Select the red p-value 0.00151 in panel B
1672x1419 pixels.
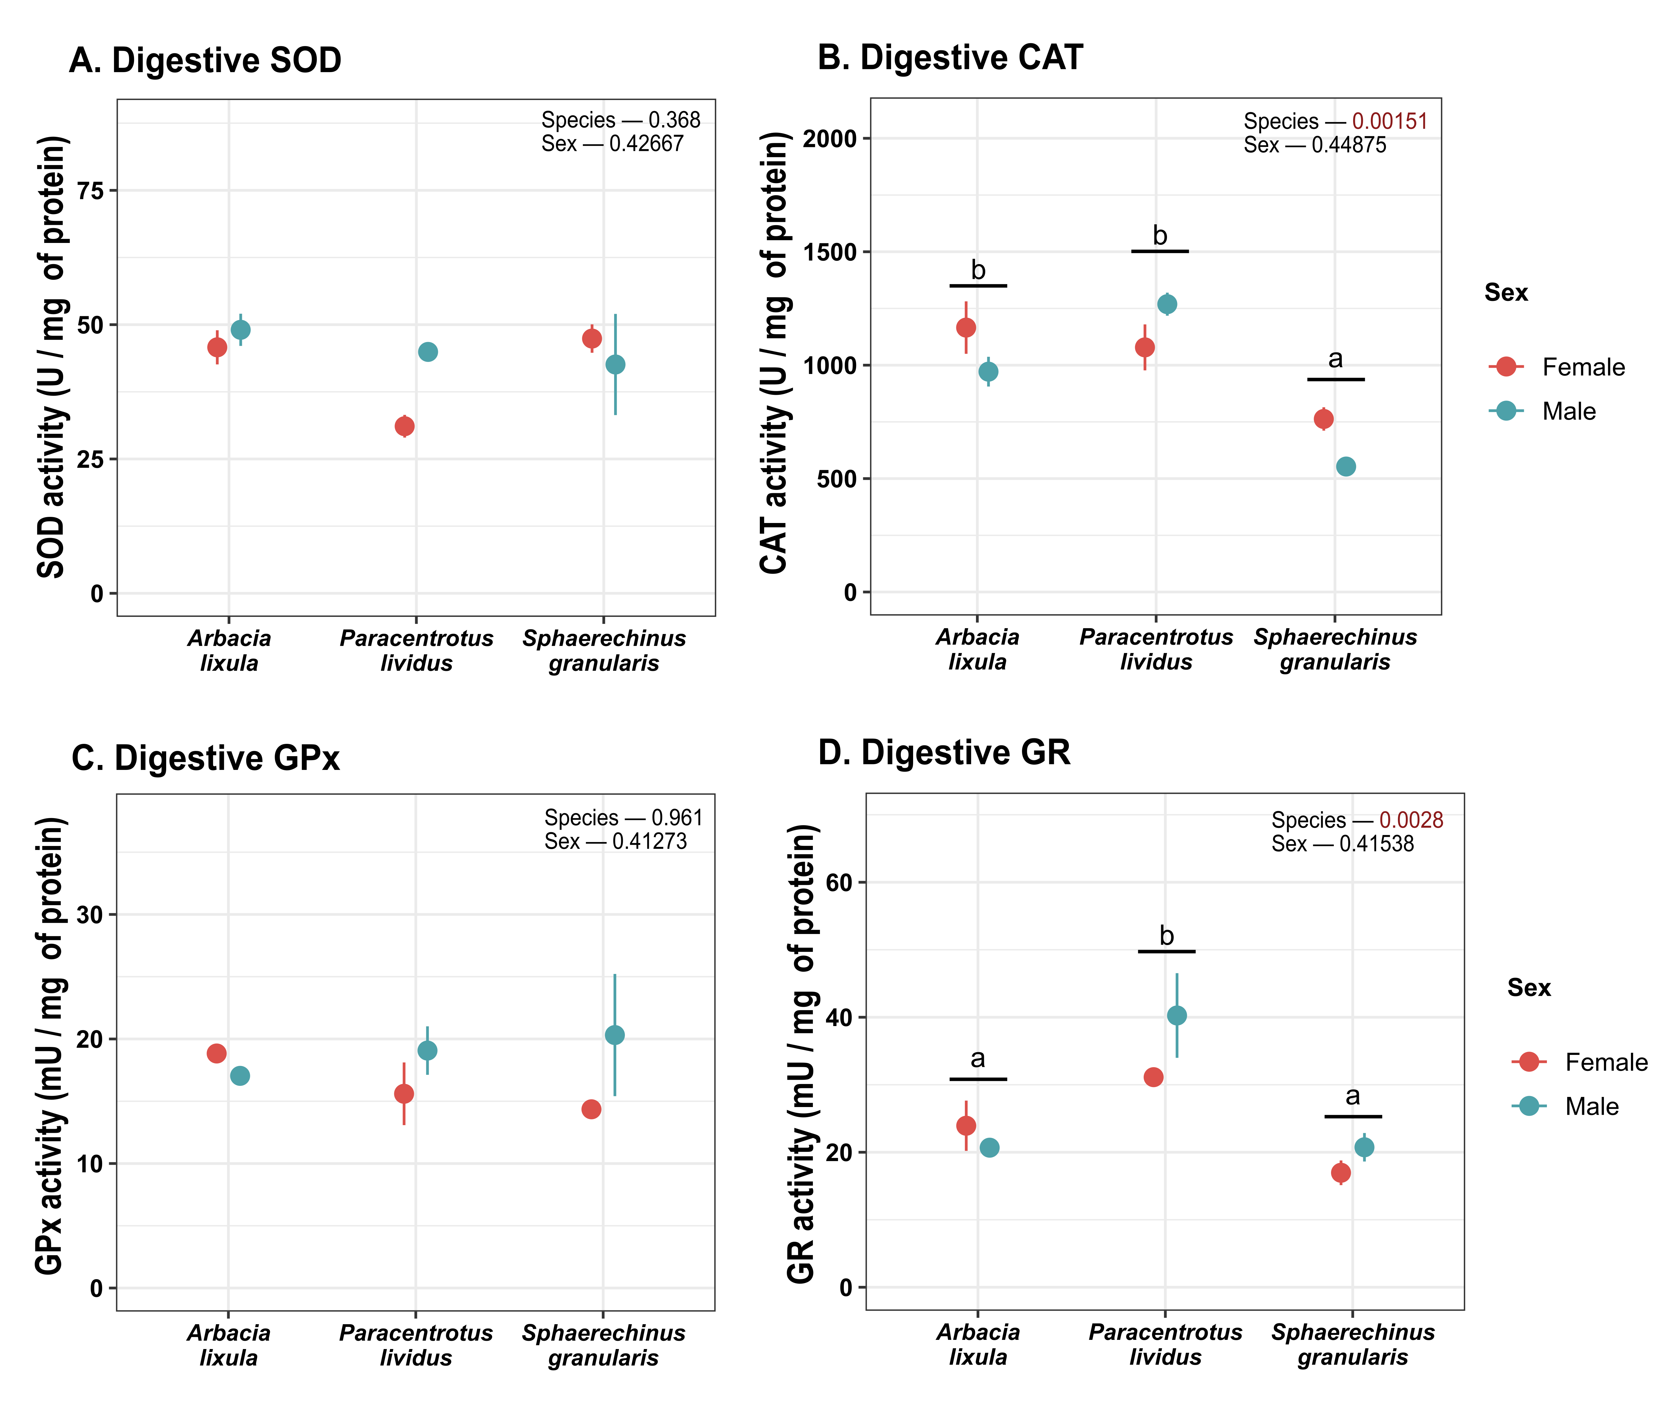[1390, 121]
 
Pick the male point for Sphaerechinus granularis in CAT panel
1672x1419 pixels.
[1345, 467]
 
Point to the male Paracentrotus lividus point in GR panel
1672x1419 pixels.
[1177, 1015]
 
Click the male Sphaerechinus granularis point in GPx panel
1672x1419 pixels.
[614, 1034]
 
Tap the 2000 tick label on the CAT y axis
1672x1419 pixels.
[830, 138]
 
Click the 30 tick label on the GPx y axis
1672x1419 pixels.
[90, 915]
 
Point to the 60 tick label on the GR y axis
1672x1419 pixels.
[839, 883]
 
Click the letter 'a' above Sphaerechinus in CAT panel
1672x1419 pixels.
[1335, 359]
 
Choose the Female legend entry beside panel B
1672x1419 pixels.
[1557, 367]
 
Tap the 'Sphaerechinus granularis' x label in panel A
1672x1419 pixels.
[604, 651]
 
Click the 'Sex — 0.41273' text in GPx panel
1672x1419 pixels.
[616, 841]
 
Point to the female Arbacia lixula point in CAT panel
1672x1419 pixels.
[966, 327]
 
